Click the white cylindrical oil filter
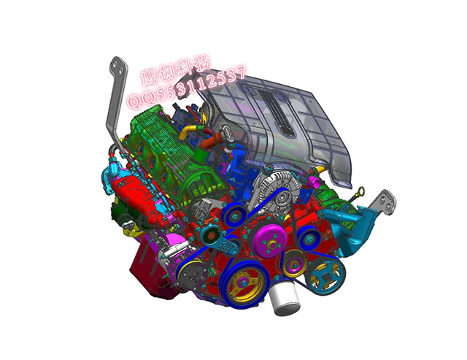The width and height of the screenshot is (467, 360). click(x=284, y=299)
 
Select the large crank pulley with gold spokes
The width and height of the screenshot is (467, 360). click(x=244, y=284)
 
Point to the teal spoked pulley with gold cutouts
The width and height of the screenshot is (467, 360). click(x=326, y=276)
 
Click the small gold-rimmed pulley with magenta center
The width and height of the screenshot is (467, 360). click(x=295, y=264)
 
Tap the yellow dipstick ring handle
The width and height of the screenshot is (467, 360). click(x=361, y=191)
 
